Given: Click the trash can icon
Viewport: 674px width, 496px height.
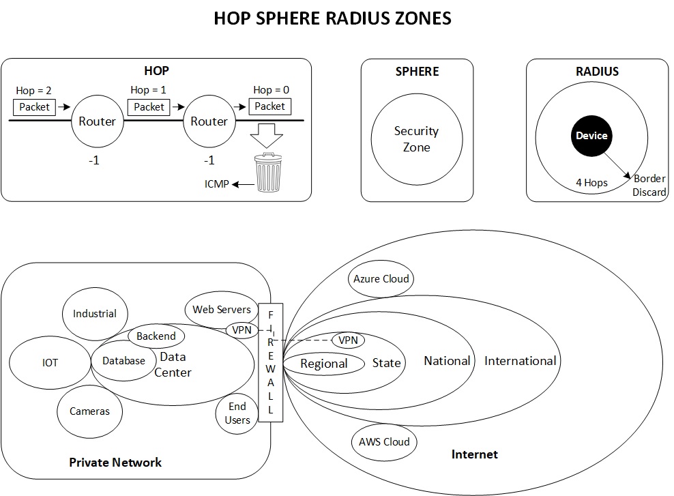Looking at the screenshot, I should (268, 173).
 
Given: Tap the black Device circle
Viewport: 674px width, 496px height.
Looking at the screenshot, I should (591, 135).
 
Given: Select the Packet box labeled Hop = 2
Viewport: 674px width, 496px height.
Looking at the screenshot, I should (35, 106).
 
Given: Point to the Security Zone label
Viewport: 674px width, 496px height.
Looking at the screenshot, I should (416, 138).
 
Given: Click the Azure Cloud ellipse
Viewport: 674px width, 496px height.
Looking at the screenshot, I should (381, 278).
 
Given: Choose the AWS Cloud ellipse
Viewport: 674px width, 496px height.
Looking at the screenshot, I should (384, 441).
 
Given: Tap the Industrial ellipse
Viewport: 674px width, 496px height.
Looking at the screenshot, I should (95, 314).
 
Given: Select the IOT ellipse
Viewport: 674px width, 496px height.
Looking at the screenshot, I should (50, 363).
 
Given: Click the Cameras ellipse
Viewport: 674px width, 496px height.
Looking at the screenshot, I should (89, 411).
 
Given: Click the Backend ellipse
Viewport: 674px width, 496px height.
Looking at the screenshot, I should (156, 336).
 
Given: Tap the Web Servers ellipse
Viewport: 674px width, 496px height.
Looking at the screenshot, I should (222, 310).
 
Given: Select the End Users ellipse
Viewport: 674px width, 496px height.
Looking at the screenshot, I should (237, 413).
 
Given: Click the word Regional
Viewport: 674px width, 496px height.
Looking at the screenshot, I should (324, 364).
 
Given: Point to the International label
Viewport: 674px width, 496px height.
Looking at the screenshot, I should (521, 360).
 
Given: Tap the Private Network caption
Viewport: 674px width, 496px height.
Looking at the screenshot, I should (115, 462).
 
